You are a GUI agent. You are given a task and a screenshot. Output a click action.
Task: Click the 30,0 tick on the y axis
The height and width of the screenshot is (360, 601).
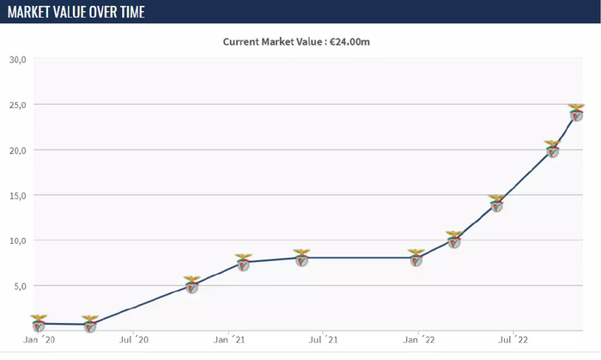pyautogui.click(x=17, y=59)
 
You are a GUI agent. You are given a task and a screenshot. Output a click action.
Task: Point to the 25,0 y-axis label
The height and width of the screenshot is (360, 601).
pyautogui.click(x=17, y=105)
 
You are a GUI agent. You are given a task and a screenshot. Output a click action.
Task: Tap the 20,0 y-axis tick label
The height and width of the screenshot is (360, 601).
pyautogui.click(x=17, y=150)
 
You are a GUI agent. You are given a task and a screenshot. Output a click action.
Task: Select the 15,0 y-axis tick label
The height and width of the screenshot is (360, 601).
pyautogui.click(x=17, y=195)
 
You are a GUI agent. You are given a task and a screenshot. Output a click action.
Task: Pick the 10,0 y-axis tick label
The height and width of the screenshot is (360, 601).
pyautogui.click(x=17, y=241)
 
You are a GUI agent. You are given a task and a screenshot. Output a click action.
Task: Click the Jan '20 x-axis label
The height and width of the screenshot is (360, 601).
pyautogui.click(x=40, y=339)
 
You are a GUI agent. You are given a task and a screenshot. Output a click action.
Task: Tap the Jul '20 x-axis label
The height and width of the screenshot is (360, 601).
pyautogui.click(x=135, y=339)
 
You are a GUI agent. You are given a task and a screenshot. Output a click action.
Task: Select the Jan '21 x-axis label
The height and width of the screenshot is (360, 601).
pyautogui.click(x=229, y=339)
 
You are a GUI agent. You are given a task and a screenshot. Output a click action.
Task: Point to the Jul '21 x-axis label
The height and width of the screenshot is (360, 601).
pyautogui.click(x=323, y=339)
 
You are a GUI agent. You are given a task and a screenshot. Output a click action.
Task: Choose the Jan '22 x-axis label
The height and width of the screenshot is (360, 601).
pyautogui.click(x=417, y=339)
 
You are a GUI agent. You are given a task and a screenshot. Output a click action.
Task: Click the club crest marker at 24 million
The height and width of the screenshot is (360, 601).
pyautogui.click(x=576, y=113)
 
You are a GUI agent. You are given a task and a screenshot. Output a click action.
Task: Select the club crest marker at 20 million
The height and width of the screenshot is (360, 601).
pyautogui.click(x=552, y=149)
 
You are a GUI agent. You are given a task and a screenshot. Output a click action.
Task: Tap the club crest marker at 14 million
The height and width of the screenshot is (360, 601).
pyautogui.click(x=496, y=203)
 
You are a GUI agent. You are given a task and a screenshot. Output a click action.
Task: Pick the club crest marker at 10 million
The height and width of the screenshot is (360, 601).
pyautogui.click(x=454, y=240)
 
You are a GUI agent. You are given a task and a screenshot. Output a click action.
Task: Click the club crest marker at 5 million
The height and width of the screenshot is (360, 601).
pyautogui.click(x=192, y=284)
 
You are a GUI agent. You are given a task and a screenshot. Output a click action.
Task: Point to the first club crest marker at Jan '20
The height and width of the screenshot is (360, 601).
pyautogui.click(x=39, y=323)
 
